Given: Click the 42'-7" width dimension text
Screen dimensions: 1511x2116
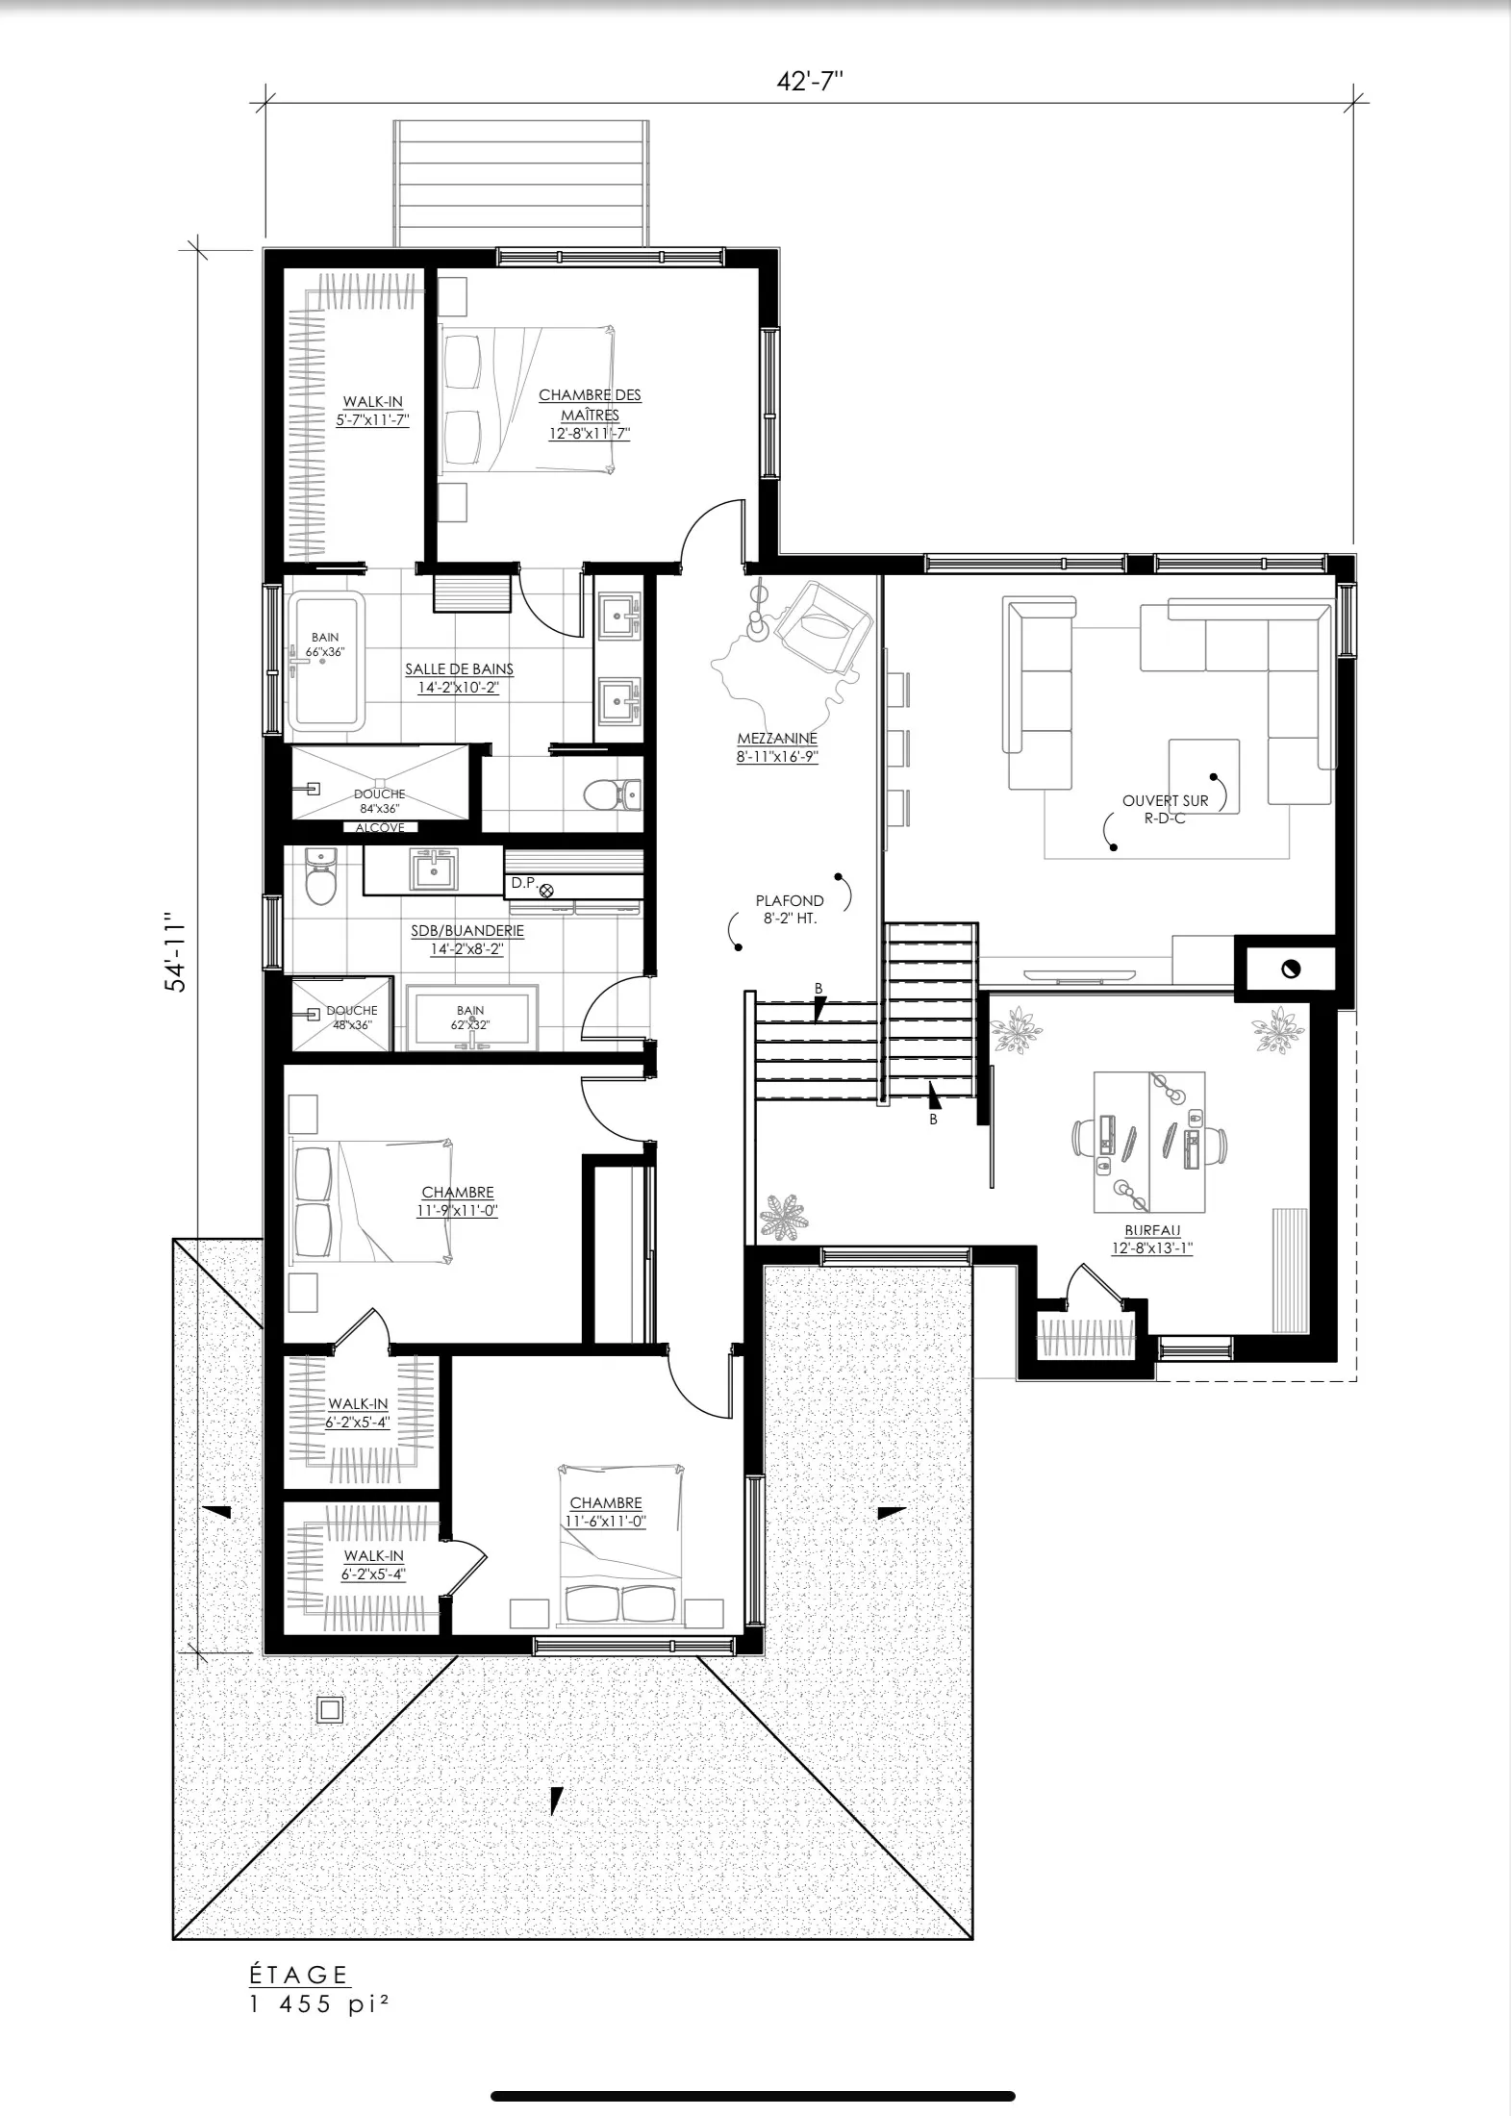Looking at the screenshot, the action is (x=810, y=82).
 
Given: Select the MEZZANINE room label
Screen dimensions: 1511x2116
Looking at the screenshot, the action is (x=777, y=739).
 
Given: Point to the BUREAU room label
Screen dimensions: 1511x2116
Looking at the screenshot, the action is (x=1151, y=1230).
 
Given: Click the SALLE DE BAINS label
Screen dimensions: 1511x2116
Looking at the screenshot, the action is (x=459, y=669).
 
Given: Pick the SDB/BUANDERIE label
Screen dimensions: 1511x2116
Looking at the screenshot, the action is (x=467, y=931).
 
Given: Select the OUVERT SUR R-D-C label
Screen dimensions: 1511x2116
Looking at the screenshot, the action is (x=1166, y=809).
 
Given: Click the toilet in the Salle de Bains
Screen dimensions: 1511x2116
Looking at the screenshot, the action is (x=613, y=794).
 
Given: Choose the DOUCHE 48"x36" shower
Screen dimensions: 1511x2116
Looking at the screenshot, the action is (x=342, y=1014).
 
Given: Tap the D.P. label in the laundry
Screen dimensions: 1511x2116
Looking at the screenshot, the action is (x=522, y=882).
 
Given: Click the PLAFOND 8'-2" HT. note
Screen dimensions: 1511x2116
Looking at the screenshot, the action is (x=790, y=909).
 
